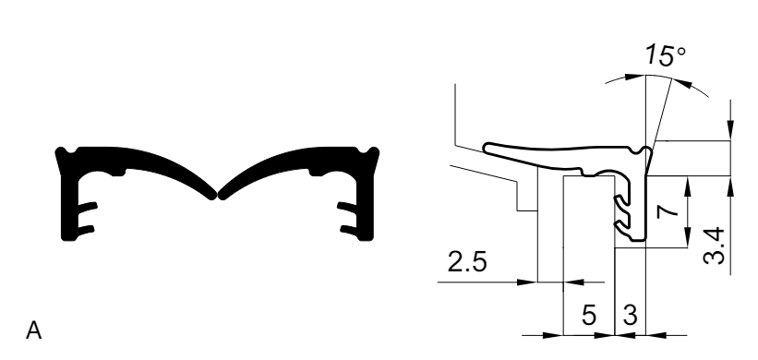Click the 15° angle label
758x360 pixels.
(666, 54)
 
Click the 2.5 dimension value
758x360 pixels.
(467, 262)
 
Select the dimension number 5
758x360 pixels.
(589, 316)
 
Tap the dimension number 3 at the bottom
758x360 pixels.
(631, 316)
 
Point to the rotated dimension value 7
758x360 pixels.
(668, 211)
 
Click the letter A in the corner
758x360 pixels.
(34, 331)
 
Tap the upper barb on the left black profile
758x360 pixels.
(88, 208)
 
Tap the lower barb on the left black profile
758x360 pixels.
(86, 230)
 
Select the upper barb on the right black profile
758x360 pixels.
(347, 208)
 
